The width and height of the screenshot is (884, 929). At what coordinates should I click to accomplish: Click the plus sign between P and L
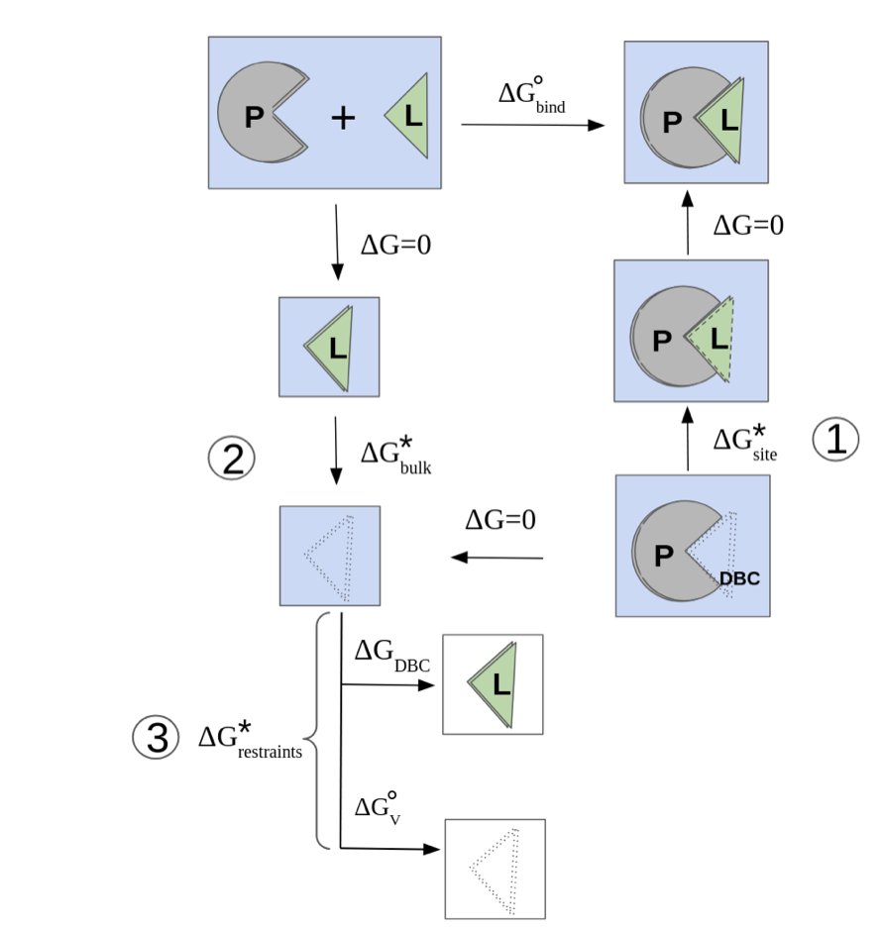pos(342,119)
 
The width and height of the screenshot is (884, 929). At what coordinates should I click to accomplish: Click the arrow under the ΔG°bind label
pos(532,125)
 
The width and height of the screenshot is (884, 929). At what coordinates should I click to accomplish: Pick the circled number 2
pos(231,459)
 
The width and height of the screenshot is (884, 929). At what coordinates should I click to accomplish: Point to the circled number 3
pos(157,739)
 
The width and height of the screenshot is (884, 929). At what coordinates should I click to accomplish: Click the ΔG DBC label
pos(392,655)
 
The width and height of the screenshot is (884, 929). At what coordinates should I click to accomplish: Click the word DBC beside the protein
pos(739,577)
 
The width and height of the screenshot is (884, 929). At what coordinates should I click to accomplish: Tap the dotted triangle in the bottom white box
pos(495,869)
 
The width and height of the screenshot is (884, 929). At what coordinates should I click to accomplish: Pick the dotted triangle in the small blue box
pos(330,557)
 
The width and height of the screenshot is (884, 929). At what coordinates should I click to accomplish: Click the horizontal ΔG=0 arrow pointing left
pos(497,560)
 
